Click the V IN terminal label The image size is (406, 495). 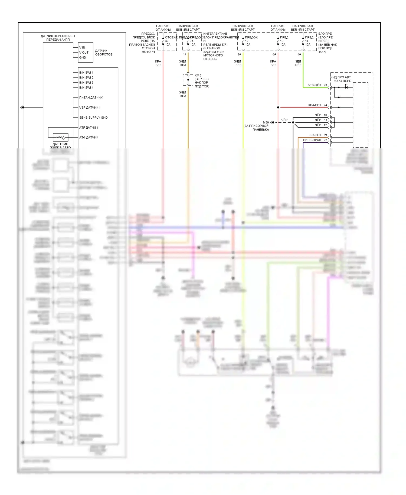82,47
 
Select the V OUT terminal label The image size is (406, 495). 84,53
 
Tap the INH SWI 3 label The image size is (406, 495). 86,83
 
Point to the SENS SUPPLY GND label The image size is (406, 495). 93,118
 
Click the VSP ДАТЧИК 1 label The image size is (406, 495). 90,108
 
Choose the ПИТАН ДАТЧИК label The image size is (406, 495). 91,97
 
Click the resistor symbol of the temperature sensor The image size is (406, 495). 60,137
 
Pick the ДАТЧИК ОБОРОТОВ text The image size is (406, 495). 103,53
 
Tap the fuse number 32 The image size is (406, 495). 167,41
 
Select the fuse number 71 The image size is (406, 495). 192,41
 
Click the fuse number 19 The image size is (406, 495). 282,41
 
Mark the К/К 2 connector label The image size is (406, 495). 198,76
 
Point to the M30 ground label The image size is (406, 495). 266,122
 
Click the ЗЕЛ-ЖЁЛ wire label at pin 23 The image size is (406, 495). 314,85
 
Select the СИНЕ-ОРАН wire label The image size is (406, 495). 312,140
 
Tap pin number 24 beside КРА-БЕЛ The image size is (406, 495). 325,105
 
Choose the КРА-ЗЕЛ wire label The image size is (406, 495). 315,135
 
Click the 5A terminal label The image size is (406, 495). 299,54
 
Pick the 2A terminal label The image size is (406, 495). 239,54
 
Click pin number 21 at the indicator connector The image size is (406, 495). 326,135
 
